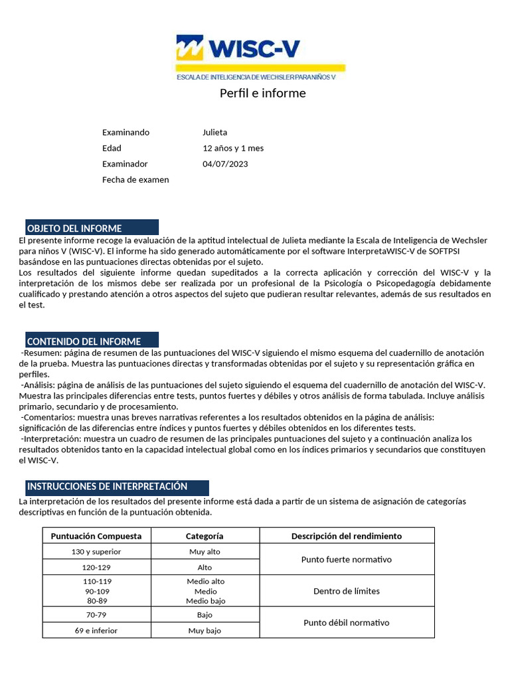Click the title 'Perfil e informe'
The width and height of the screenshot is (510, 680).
coord(262,93)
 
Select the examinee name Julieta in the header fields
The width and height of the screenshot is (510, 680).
coord(214,132)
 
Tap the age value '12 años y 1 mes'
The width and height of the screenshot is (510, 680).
coord(232,148)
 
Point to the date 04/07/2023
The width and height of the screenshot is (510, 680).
coord(224,164)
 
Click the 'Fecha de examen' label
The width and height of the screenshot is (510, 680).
coord(135,180)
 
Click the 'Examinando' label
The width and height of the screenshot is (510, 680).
coord(126,132)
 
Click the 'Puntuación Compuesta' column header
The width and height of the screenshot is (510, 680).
coord(96,536)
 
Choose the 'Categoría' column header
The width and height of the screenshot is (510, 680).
coord(205,536)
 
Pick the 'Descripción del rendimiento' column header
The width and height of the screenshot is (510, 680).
coord(347,536)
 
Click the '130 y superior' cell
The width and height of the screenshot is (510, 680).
coord(96,552)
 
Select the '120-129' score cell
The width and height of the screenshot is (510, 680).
coord(96,568)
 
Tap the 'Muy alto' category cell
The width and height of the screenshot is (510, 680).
coord(205,552)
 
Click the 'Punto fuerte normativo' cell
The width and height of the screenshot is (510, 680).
coord(347,560)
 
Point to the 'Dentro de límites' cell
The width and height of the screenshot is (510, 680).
coord(347,591)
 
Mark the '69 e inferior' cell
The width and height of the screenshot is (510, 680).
coord(96,630)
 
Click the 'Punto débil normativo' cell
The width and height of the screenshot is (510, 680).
coord(347,623)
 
